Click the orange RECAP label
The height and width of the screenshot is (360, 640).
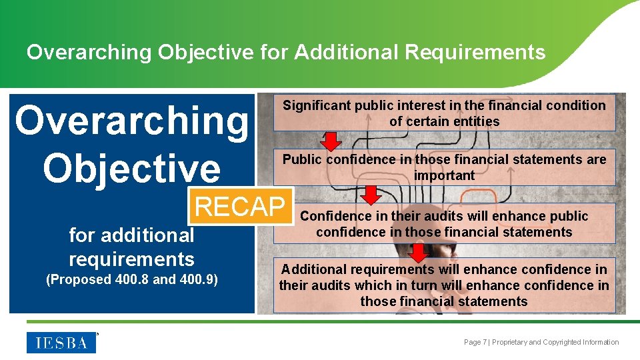click(x=240, y=207)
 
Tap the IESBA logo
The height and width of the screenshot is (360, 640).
click(x=61, y=343)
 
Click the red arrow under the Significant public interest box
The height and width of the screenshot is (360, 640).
click(x=331, y=141)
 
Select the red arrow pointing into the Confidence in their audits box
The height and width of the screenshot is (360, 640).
click(x=371, y=195)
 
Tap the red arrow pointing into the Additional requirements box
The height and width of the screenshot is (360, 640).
click(x=418, y=253)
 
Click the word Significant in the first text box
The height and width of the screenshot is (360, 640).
click(x=317, y=105)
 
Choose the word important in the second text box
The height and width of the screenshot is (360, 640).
click(x=444, y=175)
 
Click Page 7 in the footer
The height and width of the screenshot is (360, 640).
click(x=476, y=342)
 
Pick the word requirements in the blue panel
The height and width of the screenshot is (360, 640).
click(x=131, y=259)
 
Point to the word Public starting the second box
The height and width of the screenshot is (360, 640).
click(x=303, y=159)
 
